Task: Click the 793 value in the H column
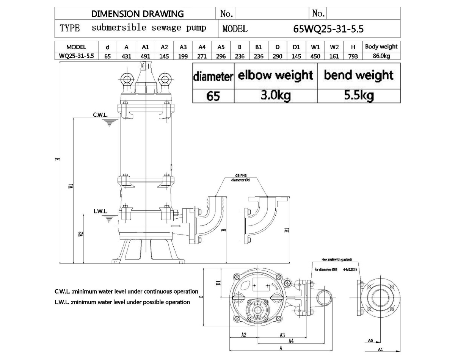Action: tap(353, 56)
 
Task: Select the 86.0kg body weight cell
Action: tap(381, 56)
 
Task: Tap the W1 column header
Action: tap(315, 47)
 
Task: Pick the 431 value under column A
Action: tap(127, 56)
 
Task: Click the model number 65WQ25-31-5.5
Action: tap(329, 29)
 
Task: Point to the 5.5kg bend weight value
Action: tap(358, 95)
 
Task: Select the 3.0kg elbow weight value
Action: tap(275, 95)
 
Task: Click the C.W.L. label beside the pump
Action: tap(100, 114)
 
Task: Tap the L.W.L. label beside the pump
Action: tap(100, 211)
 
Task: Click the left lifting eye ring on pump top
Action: tap(126, 78)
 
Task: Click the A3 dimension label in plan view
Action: tap(282, 335)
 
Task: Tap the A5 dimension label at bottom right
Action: tap(370, 340)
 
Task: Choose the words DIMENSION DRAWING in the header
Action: tap(137, 14)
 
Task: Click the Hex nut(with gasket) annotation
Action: tap(336, 260)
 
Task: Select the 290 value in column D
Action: tap(278, 56)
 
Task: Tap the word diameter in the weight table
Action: tap(213, 76)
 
